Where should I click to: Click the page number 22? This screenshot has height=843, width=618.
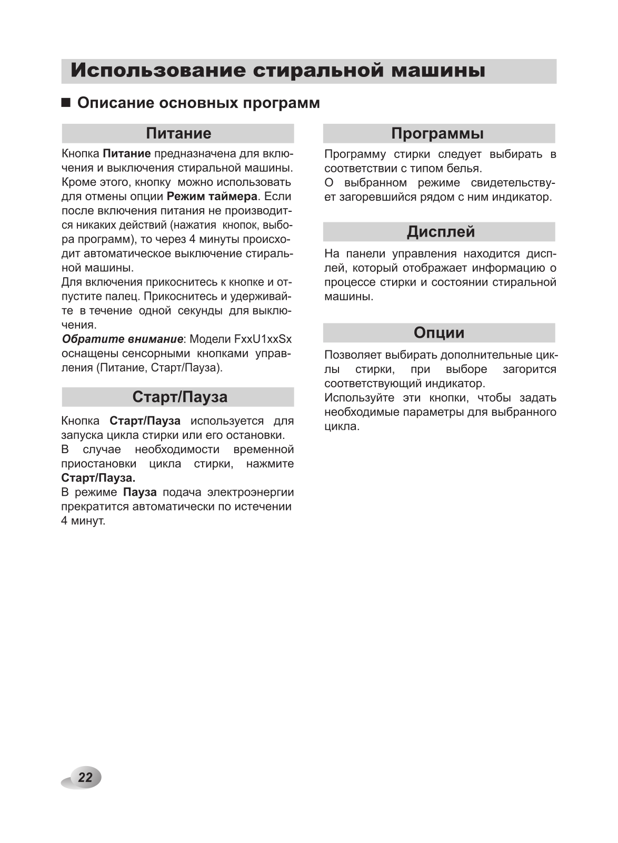pyautogui.click(x=85, y=777)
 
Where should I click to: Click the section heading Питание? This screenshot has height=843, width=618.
pyautogui.click(x=178, y=133)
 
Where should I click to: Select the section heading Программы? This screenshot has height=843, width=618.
pyautogui.click(x=437, y=133)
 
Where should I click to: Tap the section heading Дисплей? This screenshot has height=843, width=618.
pyautogui.click(x=441, y=232)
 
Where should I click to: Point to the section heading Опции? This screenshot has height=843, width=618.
pyautogui.click(x=439, y=332)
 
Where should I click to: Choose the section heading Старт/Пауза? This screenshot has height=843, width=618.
pyautogui.click(x=180, y=397)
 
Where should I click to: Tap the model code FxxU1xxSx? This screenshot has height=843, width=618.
pyautogui.click(x=263, y=339)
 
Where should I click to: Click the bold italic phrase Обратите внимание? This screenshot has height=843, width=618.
pyautogui.click(x=123, y=339)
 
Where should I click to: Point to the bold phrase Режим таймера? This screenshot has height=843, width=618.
pyautogui.click(x=212, y=197)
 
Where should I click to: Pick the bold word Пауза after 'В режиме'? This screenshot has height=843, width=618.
pyautogui.click(x=140, y=492)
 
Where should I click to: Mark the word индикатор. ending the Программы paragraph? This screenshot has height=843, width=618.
pyautogui.click(x=522, y=197)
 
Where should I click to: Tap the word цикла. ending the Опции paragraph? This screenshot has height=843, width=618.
pyautogui.click(x=342, y=426)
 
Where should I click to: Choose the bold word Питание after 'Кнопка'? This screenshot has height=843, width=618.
pyautogui.click(x=127, y=154)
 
